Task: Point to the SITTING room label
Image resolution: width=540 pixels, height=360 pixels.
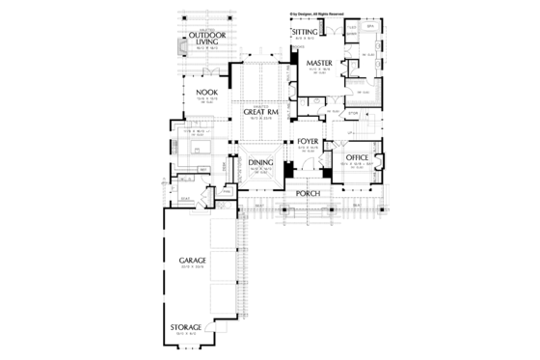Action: click(x=306, y=33)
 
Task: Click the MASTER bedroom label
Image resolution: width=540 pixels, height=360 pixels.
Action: click(x=319, y=65)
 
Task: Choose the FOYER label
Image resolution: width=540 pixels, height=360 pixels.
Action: click(x=308, y=142)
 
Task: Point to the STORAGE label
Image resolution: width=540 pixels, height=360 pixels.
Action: click(x=187, y=328)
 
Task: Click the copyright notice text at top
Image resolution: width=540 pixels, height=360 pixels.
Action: click(x=315, y=15)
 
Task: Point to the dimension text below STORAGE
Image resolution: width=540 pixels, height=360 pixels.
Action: click(x=187, y=335)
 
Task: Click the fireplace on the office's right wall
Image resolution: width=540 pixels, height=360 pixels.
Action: click(x=382, y=159)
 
